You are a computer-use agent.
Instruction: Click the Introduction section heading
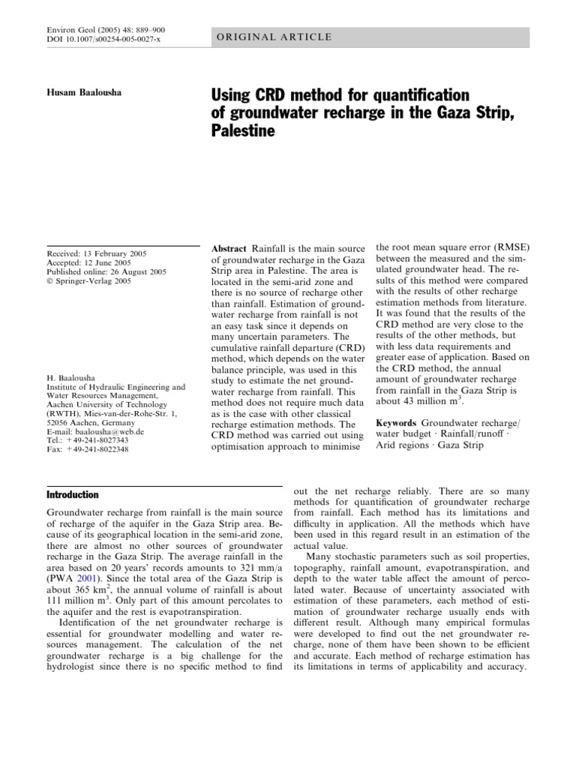[x=73, y=495]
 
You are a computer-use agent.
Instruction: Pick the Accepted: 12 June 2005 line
[x=88, y=263]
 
